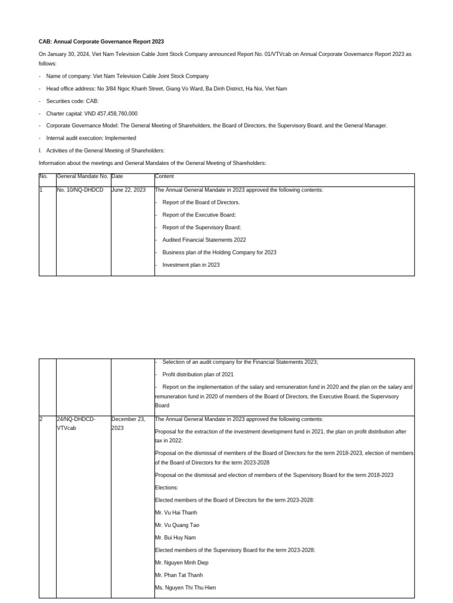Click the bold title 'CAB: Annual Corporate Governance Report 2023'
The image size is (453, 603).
(x=101, y=42)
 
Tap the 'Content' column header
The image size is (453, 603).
(x=165, y=176)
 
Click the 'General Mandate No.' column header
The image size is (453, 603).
(x=83, y=176)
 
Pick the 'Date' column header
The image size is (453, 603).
(x=117, y=176)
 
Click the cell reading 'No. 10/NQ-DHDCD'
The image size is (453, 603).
(x=80, y=190)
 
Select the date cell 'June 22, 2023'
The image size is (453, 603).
(x=129, y=190)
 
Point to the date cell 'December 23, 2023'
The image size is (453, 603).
(x=128, y=423)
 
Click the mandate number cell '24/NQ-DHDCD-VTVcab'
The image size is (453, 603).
(x=76, y=423)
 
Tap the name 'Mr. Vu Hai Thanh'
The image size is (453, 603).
(x=176, y=512)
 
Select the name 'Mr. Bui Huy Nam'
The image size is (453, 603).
(x=176, y=538)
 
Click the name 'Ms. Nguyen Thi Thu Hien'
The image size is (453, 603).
(x=185, y=588)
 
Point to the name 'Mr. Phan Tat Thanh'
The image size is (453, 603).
(x=178, y=575)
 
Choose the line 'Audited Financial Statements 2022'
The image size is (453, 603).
(x=204, y=240)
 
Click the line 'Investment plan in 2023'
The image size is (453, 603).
(x=191, y=265)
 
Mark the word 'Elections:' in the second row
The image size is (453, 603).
(x=167, y=488)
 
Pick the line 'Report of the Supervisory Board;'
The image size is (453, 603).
(x=202, y=227)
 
